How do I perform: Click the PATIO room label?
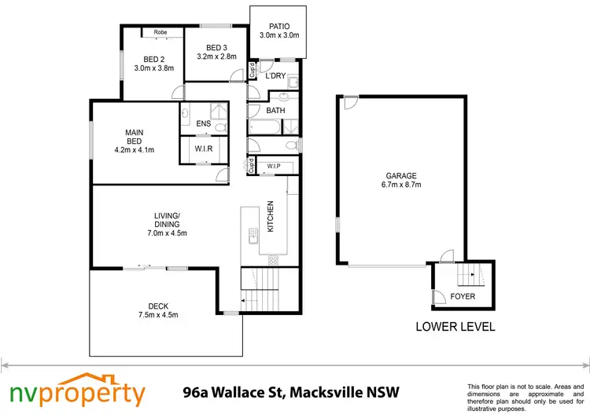pos(279,25)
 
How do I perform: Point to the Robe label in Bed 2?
pos(160,32)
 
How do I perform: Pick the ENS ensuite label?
pos(204,124)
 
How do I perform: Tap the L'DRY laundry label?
pos(275,76)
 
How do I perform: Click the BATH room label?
pos(275,111)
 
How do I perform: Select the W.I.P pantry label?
pos(274,167)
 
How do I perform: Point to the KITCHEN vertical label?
pos(270,216)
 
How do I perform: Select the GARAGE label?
pos(400,176)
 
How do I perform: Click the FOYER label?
pos(463,296)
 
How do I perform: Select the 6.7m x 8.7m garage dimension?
pos(400,186)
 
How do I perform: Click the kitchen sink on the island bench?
pos(253,232)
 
